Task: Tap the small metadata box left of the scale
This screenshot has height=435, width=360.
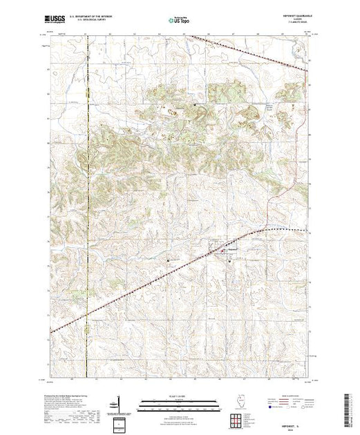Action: (x=120, y=422)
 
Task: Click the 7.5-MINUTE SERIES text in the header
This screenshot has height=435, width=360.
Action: (x=294, y=26)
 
